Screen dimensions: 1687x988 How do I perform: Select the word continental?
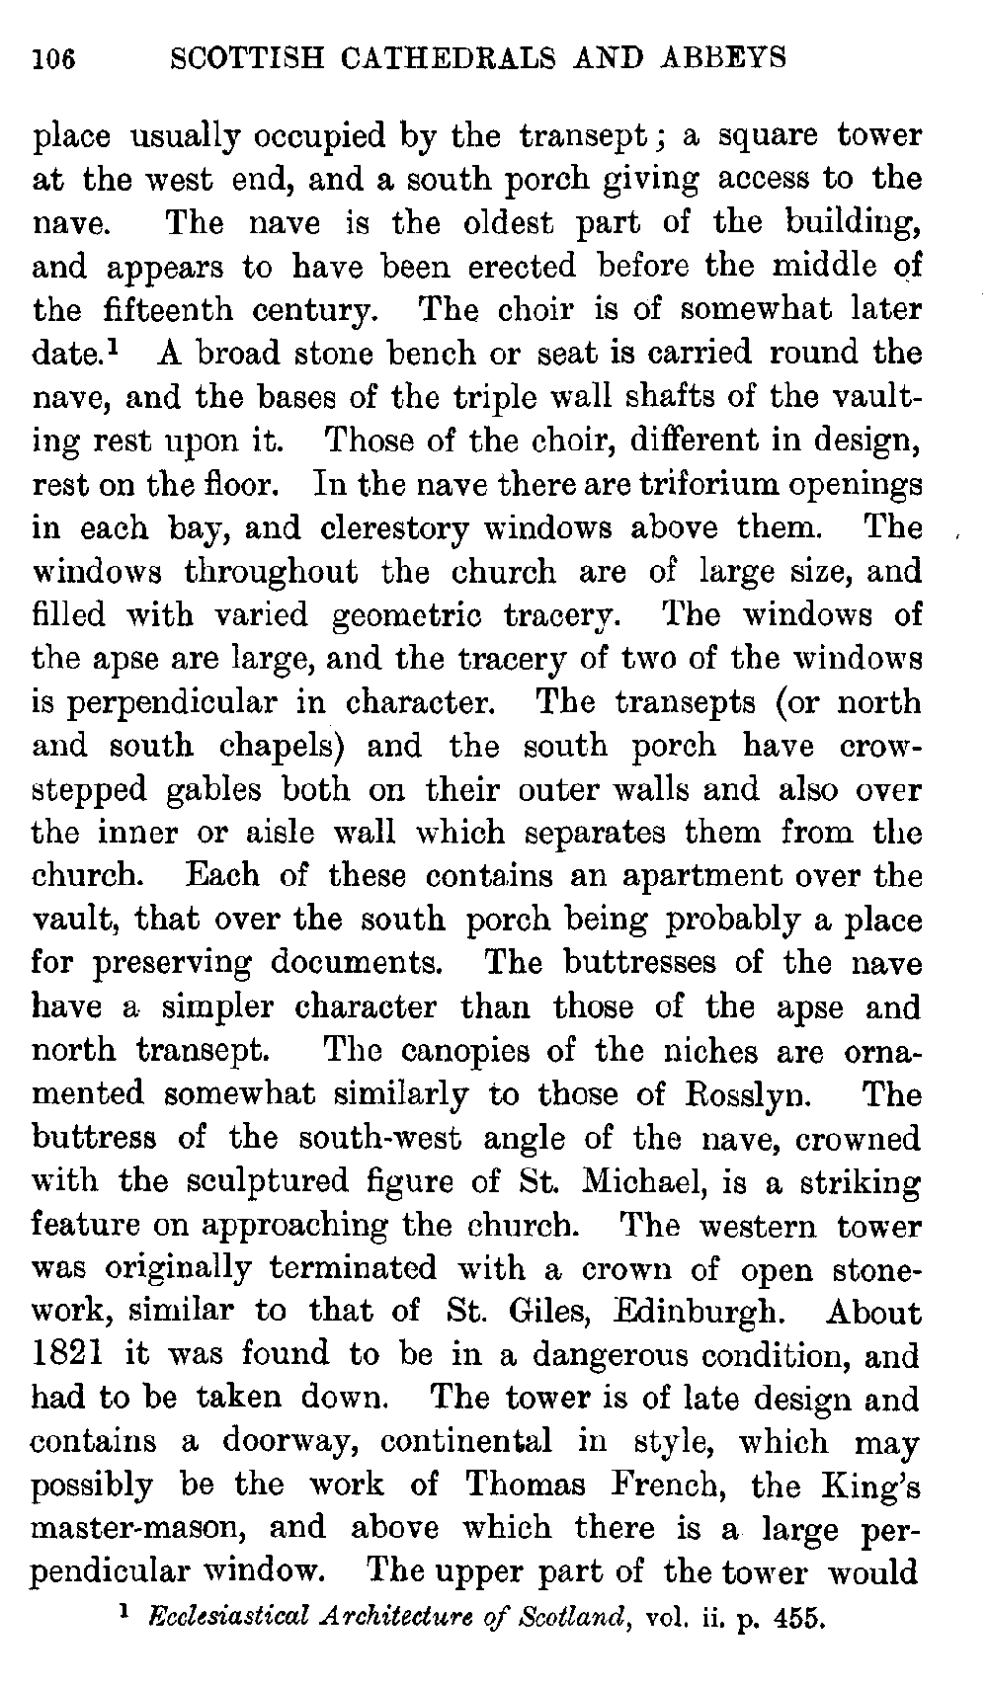[x=465, y=1442]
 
